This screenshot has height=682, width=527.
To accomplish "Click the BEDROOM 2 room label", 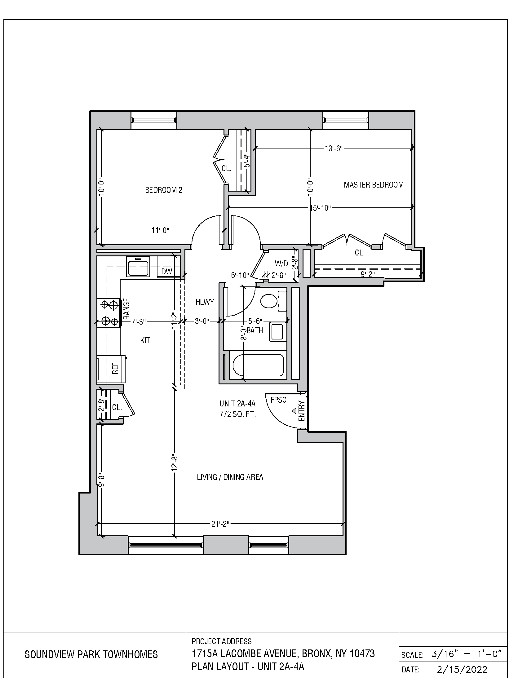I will [164, 190].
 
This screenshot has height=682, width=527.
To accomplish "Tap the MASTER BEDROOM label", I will [374, 184].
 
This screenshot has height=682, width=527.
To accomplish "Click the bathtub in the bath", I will [258, 365].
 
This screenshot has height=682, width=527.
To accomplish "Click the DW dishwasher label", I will [166, 271].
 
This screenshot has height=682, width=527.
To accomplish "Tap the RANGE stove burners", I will [109, 312].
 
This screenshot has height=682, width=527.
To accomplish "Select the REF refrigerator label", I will [115, 368].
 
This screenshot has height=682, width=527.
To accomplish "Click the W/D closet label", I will [281, 263].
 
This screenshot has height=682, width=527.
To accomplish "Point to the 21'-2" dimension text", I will [220, 524].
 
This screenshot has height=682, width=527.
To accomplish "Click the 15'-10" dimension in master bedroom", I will [320, 208].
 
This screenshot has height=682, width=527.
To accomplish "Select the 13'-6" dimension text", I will [334, 148].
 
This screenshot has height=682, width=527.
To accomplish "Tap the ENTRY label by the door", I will [301, 411].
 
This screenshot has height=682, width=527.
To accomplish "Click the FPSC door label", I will [278, 400].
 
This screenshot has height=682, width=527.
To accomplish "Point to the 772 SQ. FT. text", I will [237, 414].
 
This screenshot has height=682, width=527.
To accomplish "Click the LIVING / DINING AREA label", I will [230, 477].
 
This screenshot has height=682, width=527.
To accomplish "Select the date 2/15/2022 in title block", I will [462, 670].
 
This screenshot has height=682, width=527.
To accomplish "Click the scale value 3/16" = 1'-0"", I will [466, 654].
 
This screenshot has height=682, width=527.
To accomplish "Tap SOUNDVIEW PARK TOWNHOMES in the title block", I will [91, 654].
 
